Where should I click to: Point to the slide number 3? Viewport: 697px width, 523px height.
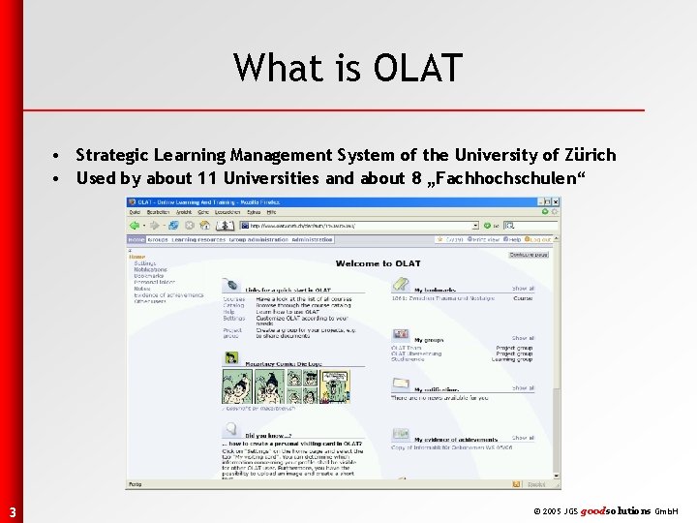(x=12, y=511)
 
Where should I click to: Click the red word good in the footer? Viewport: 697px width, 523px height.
(x=594, y=510)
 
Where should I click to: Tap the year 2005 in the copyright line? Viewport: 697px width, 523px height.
(x=551, y=510)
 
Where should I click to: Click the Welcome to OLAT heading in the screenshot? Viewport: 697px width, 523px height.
(x=378, y=262)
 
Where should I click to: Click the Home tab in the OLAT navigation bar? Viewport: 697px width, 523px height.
(x=136, y=239)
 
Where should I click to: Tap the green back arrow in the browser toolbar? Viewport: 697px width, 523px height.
(x=135, y=225)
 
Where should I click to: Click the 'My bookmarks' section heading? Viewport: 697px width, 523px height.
(x=435, y=289)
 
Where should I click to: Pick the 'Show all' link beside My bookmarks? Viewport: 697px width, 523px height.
(x=523, y=289)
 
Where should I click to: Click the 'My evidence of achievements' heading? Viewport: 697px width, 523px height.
(x=455, y=440)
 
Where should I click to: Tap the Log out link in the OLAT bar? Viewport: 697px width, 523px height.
(x=539, y=239)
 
